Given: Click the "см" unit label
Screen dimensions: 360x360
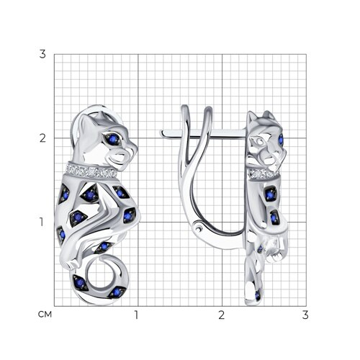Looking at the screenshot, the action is (x=45, y=315).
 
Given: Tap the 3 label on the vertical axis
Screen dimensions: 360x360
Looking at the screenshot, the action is (x=42, y=54).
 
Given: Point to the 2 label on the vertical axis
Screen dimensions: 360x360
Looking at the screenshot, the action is (x=42, y=138).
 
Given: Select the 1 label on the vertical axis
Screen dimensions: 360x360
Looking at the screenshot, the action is (x=42, y=222).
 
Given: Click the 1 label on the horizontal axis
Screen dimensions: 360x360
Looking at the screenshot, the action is (x=137, y=315).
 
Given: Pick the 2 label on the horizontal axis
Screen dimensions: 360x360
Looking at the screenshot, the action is (x=222, y=315).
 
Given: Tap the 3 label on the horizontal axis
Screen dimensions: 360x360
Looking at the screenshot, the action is (x=305, y=315).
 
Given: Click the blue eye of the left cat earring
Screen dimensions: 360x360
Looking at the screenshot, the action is (x=112, y=139).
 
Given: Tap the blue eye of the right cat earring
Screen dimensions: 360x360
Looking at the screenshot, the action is (x=281, y=140).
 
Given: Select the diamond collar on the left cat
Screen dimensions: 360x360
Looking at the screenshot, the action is (x=91, y=171).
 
